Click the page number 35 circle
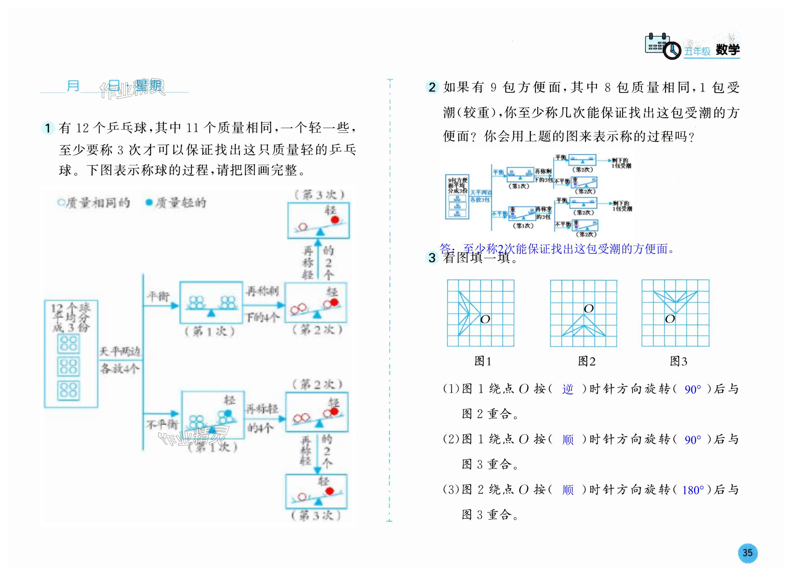(747, 553)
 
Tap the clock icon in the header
(671, 51)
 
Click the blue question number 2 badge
(432, 87)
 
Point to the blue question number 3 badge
(432, 258)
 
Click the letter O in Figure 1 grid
(485, 319)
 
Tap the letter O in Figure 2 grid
(588, 309)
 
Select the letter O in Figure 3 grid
(670, 319)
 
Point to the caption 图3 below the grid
(678, 361)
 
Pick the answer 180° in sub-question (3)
(693, 490)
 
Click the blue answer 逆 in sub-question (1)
(567, 389)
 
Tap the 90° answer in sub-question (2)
(693, 440)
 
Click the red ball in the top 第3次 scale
(335, 219)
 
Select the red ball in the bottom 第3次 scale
(330, 491)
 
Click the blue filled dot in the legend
(149, 202)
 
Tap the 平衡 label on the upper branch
(158, 296)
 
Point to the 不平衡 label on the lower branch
(162, 424)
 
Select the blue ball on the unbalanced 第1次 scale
(228, 413)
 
